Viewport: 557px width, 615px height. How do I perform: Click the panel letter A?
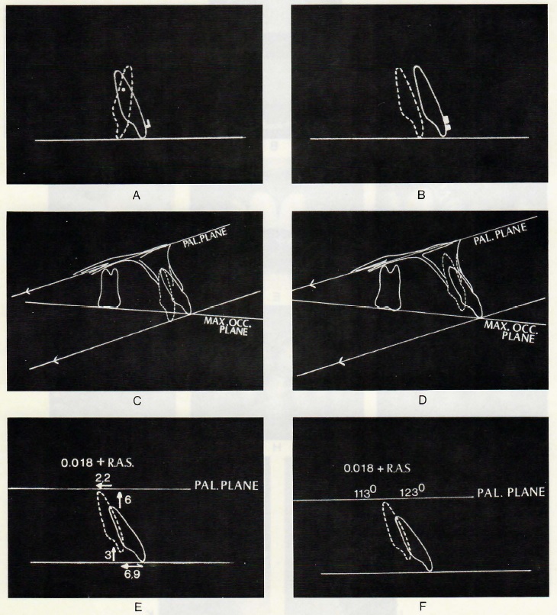137,195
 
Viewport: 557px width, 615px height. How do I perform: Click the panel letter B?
421,195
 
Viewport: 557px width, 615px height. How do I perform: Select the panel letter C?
137,401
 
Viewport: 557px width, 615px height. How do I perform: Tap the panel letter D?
423,401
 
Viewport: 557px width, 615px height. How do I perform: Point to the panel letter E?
137,607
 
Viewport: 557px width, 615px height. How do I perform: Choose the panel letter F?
423,607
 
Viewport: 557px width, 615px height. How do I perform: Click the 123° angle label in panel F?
413,492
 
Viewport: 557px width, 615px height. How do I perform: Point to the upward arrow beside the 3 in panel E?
114,553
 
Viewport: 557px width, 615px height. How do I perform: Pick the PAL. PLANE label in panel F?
510,492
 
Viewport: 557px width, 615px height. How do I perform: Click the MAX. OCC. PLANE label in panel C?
227,326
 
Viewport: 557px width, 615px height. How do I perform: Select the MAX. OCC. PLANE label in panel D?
510,331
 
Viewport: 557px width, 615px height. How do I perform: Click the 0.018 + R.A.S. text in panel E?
97,463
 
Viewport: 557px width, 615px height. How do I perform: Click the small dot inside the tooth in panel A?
124,89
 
